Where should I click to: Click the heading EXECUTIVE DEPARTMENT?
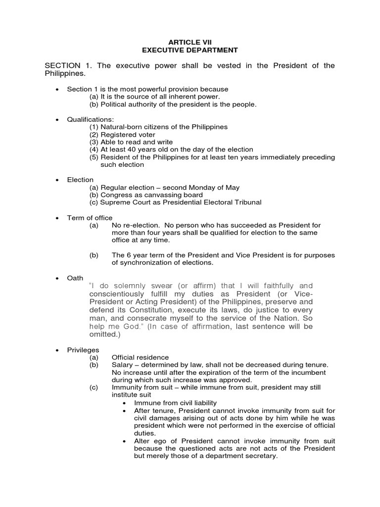tap(190, 50)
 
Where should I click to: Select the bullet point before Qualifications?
tap(57, 119)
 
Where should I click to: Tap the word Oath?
tap(75, 278)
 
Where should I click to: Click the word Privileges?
tap(83, 350)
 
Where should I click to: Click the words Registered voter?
tap(128, 135)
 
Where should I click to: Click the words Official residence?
tap(140, 357)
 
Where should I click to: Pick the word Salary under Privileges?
tap(122, 365)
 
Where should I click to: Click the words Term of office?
tap(90, 218)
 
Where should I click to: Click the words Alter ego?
tap(148, 441)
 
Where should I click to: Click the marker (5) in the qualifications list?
tap(94, 157)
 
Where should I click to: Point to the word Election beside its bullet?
tap(80, 180)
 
